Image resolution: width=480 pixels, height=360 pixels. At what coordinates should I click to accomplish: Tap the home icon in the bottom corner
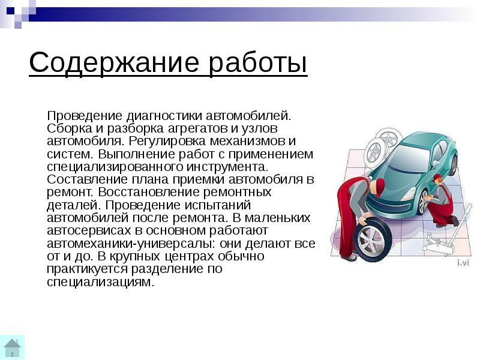point(12,347)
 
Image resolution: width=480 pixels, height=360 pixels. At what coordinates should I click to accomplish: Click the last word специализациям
point(100,282)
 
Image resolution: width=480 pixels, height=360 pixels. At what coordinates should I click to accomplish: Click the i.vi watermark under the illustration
point(462,263)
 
